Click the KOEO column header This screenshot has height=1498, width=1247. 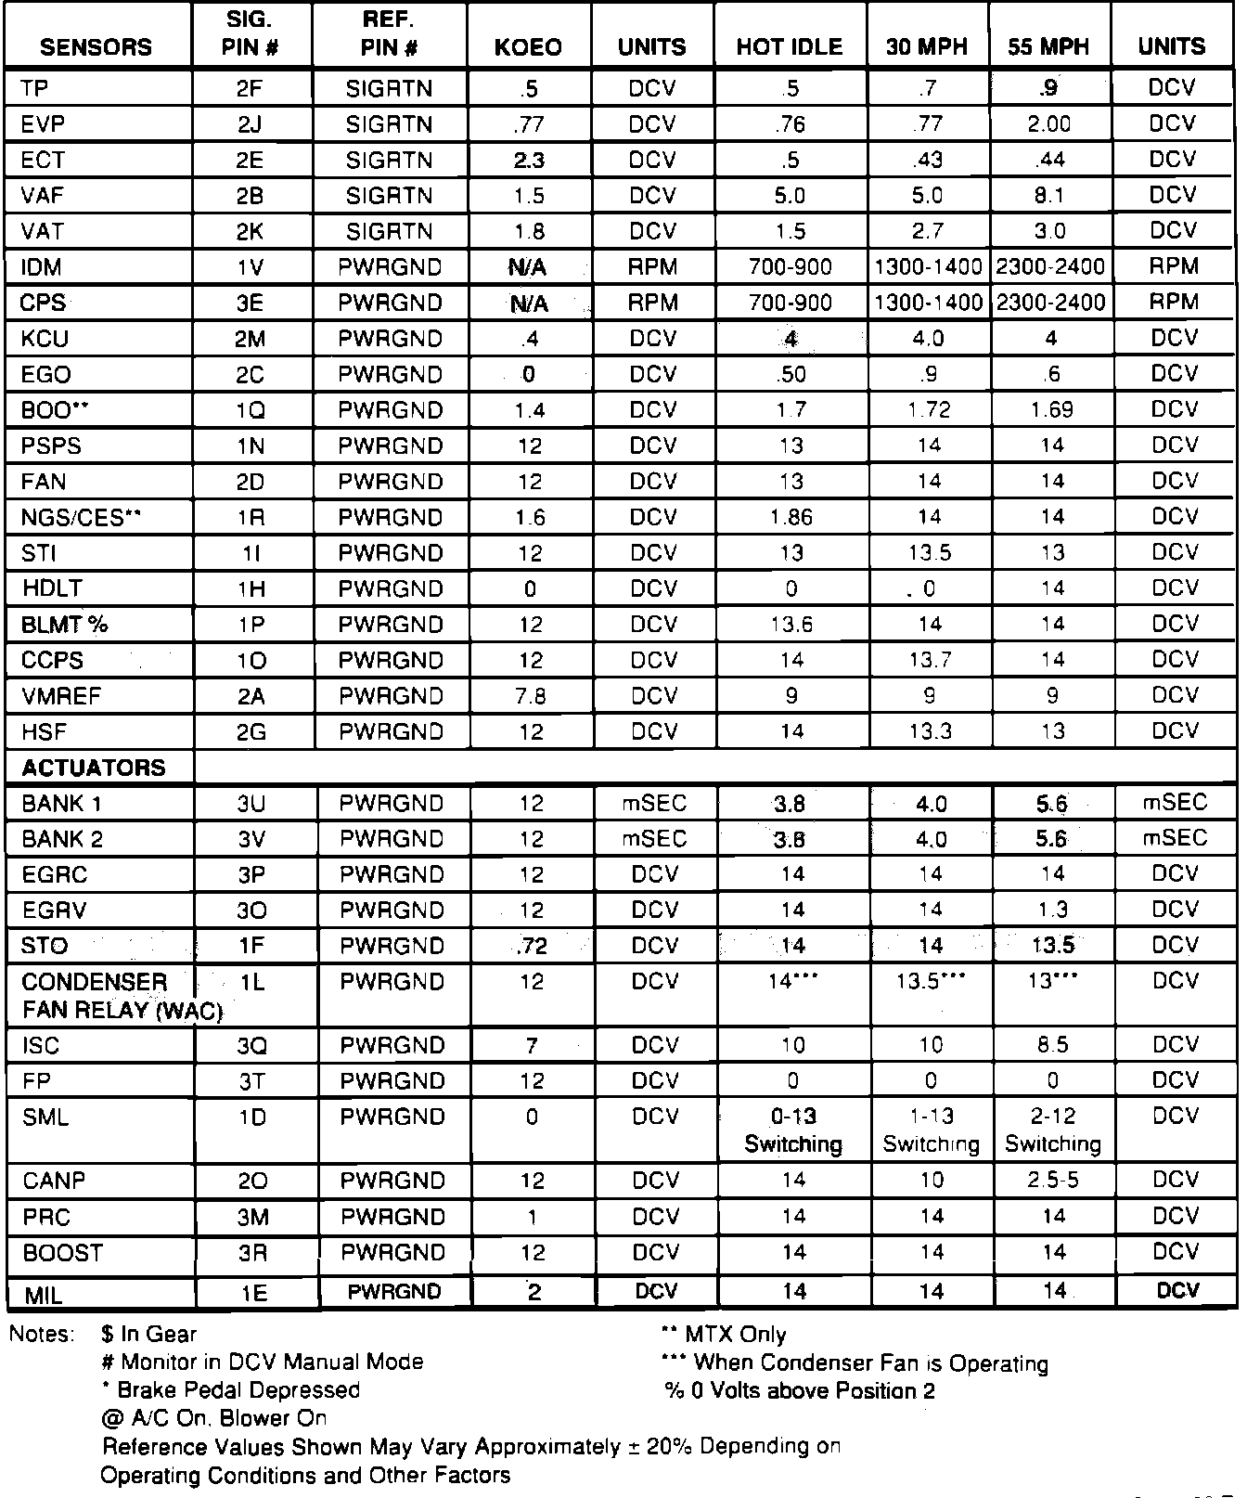(528, 47)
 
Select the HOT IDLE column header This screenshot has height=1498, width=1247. (790, 47)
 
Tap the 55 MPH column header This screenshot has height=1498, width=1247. (1048, 47)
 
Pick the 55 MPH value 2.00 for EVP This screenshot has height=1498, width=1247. (1049, 124)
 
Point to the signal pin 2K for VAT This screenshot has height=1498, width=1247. (250, 231)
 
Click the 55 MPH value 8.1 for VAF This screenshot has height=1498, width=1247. (1050, 196)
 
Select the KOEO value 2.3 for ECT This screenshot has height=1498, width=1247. (529, 161)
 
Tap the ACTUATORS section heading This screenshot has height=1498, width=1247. (93, 768)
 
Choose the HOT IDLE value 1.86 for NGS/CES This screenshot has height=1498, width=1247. (791, 517)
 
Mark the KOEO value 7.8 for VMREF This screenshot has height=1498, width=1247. (530, 696)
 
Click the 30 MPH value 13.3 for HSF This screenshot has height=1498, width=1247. (930, 732)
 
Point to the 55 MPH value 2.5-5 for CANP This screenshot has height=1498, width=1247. (1053, 1181)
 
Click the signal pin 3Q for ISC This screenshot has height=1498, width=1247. (251, 1046)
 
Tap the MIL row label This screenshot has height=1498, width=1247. (43, 1293)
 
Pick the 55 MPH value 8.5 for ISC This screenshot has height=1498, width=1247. (1053, 1046)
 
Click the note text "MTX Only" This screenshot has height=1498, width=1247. (735, 1335)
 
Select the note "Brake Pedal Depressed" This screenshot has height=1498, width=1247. (238, 1390)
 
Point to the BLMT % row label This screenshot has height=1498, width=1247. (64, 625)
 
